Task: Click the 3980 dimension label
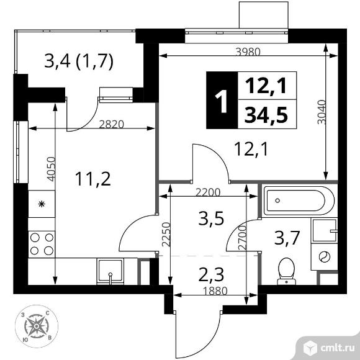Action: [x=248, y=52]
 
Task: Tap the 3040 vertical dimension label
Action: [x=322, y=112]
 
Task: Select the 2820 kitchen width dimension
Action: [x=111, y=124]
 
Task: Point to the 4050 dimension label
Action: [x=51, y=169]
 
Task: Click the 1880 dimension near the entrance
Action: [x=215, y=291]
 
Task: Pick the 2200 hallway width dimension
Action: [x=208, y=192]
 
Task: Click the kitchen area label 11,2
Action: [x=92, y=179]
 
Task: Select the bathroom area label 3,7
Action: [x=287, y=238]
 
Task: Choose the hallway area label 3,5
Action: [x=211, y=219]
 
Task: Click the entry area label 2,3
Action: [x=211, y=275]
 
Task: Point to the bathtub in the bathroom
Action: [x=298, y=200]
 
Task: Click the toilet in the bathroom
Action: [x=286, y=271]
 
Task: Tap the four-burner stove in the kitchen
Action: [x=42, y=244]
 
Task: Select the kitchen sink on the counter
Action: [x=110, y=271]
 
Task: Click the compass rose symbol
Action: [x=36, y=326]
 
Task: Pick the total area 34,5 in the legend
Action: [x=266, y=114]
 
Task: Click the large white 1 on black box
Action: [x=222, y=101]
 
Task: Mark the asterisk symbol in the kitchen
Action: [x=42, y=204]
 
